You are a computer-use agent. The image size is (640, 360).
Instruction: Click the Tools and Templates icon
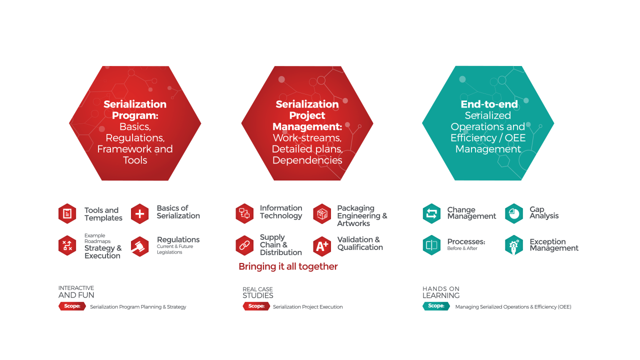click(x=67, y=214)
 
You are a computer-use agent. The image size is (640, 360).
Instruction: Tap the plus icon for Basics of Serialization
click(x=139, y=214)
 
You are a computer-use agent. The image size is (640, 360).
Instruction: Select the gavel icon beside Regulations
click(x=139, y=246)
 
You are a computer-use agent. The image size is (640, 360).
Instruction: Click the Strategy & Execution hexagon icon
click(x=67, y=245)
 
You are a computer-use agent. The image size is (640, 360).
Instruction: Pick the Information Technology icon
click(x=244, y=213)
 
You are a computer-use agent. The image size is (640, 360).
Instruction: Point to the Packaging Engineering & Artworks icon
click(x=322, y=214)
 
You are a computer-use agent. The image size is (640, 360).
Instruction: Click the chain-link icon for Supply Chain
click(x=244, y=245)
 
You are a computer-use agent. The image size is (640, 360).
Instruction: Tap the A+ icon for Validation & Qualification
click(x=322, y=245)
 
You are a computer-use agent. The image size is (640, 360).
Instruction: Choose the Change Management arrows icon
click(x=431, y=213)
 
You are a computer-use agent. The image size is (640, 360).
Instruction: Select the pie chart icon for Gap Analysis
click(x=514, y=213)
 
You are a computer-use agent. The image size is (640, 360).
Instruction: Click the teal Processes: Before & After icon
click(x=431, y=245)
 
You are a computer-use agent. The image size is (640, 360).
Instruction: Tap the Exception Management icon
click(x=514, y=245)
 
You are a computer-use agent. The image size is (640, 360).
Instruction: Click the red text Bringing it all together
click(x=288, y=266)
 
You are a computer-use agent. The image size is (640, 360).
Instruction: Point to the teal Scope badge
click(x=436, y=306)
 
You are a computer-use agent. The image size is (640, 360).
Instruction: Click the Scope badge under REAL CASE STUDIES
click(x=256, y=306)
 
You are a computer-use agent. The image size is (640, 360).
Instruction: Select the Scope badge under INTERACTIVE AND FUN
click(x=72, y=306)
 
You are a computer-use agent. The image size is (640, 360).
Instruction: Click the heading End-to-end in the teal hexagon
click(x=482, y=104)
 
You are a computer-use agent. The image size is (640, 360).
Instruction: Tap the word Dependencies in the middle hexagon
click(x=307, y=160)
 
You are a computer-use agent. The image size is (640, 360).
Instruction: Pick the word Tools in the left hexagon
click(x=135, y=160)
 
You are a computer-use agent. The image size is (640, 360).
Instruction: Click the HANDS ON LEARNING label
click(x=441, y=292)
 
